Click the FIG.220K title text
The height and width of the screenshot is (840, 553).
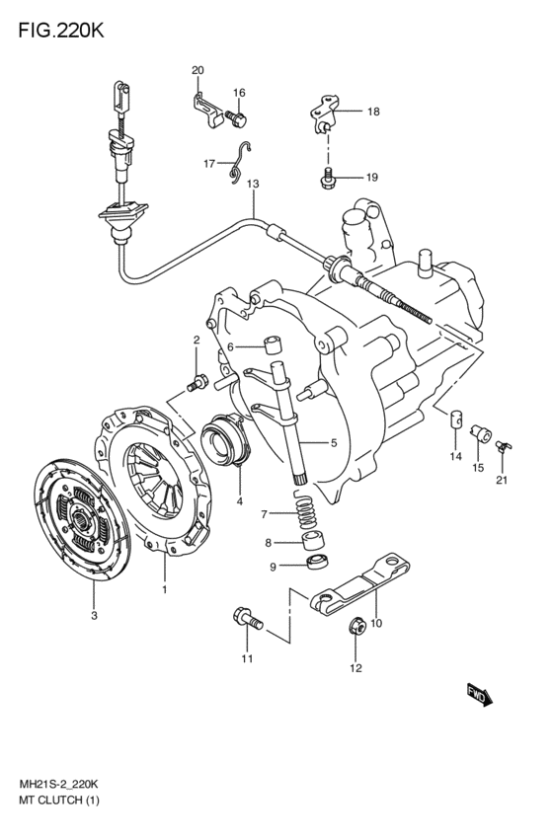(61, 31)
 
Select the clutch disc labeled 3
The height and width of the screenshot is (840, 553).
(81, 519)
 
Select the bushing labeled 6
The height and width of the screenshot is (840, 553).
(274, 345)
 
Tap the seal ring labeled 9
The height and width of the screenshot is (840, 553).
(318, 562)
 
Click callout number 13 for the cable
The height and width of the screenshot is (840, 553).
(253, 184)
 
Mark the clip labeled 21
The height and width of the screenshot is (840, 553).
(504, 446)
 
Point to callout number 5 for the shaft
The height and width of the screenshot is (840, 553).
(334, 443)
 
